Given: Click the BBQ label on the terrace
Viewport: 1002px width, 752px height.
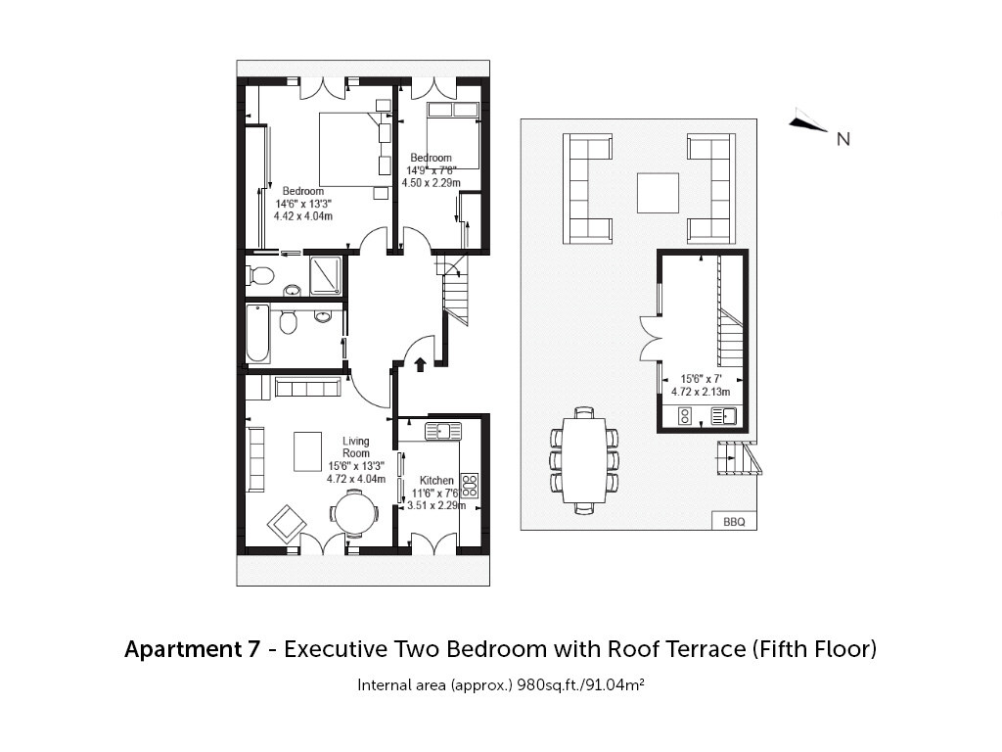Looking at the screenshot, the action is click(734, 522).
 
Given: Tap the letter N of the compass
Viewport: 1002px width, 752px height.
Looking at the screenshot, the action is click(843, 139).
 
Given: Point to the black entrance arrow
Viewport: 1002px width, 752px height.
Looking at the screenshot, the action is click(420, 364).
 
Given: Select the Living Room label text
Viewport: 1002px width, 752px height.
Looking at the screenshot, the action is click(356, 446).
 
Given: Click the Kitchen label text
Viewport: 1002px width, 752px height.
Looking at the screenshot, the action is click(436, 480).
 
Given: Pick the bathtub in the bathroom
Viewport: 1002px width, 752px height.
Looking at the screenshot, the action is click(257, 333).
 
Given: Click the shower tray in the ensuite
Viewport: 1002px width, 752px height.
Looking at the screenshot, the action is click(326, 275).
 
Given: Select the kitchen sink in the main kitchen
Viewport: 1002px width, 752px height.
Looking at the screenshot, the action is click(443, 432).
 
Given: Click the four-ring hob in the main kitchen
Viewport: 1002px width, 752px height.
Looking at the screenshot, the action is click(470, 486).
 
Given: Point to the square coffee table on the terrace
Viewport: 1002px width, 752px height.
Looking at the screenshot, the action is click(658, 193).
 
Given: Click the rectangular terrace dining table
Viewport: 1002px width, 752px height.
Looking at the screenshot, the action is click(583, 460).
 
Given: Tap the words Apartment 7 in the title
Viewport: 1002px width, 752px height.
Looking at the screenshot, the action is click(193, 649).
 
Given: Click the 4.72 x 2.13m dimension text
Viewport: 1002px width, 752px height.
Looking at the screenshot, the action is click(701, 392).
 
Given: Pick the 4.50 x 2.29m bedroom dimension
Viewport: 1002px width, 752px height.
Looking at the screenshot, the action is click(431, 183).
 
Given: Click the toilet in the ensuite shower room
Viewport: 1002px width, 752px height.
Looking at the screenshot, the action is click(260, 276).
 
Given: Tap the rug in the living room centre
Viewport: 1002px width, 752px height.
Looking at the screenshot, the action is click(307, 451).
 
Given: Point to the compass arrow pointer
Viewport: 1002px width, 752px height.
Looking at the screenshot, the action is click(808, 123).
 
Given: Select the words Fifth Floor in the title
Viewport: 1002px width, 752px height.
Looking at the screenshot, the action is click(813, 649).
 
